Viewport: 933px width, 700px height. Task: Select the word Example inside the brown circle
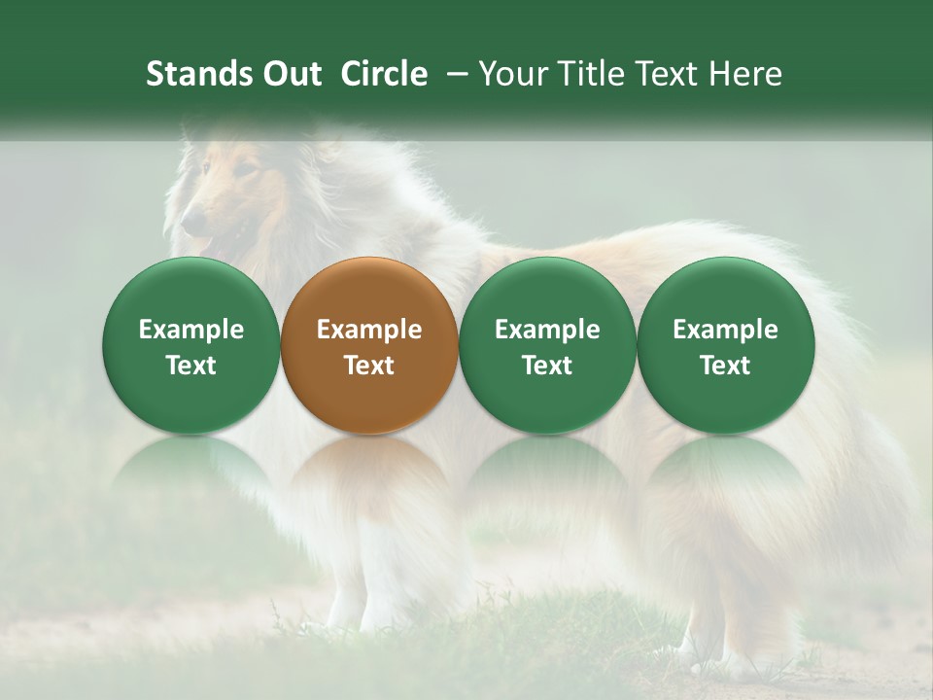[368, 330]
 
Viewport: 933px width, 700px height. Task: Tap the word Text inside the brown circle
[368, 366]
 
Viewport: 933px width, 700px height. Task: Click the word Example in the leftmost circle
[190, 330]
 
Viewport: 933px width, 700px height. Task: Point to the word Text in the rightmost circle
[725, 366]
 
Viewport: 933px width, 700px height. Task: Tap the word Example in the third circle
[547, 330]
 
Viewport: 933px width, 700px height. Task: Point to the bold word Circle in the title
[384, 74]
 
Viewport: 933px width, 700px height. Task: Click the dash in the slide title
[454, 74]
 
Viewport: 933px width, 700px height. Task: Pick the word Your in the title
[510, 74]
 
